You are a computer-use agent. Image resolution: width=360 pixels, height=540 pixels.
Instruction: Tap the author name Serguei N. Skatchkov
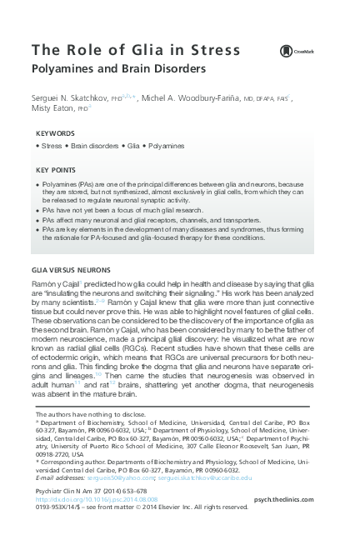[72, 98]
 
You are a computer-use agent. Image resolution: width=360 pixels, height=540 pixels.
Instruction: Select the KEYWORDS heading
[55, 133]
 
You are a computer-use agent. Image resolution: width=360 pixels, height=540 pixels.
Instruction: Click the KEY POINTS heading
[57, 169]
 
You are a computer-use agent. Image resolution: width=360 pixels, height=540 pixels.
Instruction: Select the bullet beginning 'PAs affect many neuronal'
[142, 221]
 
